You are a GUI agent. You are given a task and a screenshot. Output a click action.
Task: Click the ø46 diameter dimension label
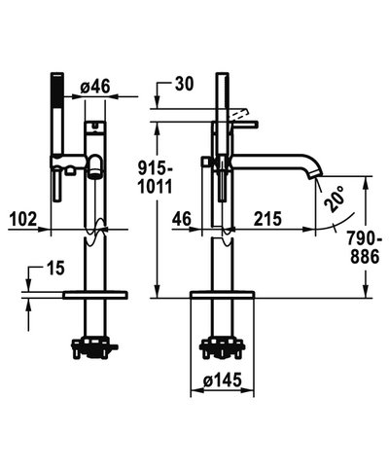pyautogui.click(x=95, y=87)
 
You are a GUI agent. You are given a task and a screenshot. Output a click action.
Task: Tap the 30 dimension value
pyautogui.click(x=184, y=84)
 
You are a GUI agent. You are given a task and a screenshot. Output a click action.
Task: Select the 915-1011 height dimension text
pyautogui.click(x=156, y=178)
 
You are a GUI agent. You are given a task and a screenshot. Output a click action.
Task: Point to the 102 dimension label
pyautogui.click(x=23, y=219)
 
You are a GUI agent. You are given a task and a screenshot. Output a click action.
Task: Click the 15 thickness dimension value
pyautogui.click(x=55, y=269)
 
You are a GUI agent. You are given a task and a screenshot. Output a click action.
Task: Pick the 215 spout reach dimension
pyautogui.click(x=267, y=219)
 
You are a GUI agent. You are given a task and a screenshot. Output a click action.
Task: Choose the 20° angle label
pyautogui.click(x=335, y=199)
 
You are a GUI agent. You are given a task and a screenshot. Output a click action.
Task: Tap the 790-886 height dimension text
pyautogui.click(x=364, y=248)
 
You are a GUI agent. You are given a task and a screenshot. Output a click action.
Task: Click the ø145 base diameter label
pyautogui.click(x=223, y=380)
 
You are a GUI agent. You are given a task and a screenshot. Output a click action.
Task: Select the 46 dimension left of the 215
pyautogui.click(x=182, y=219)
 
